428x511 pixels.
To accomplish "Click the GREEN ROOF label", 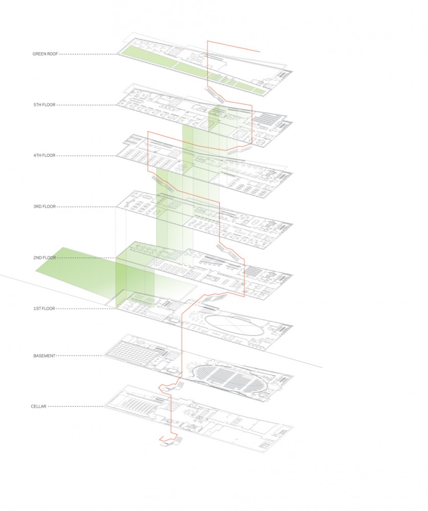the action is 45,54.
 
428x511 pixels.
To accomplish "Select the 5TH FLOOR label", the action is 45,105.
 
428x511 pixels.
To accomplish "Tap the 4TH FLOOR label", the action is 45,155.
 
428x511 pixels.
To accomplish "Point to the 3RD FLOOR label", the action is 45,206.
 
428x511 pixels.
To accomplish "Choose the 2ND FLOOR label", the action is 45,258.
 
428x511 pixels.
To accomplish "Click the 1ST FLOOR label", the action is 44,308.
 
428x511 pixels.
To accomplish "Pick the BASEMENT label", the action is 45,356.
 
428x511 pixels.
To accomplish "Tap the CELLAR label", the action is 38,406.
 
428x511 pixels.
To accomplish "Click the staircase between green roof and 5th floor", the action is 215,93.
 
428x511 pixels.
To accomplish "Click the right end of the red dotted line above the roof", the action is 260,52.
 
